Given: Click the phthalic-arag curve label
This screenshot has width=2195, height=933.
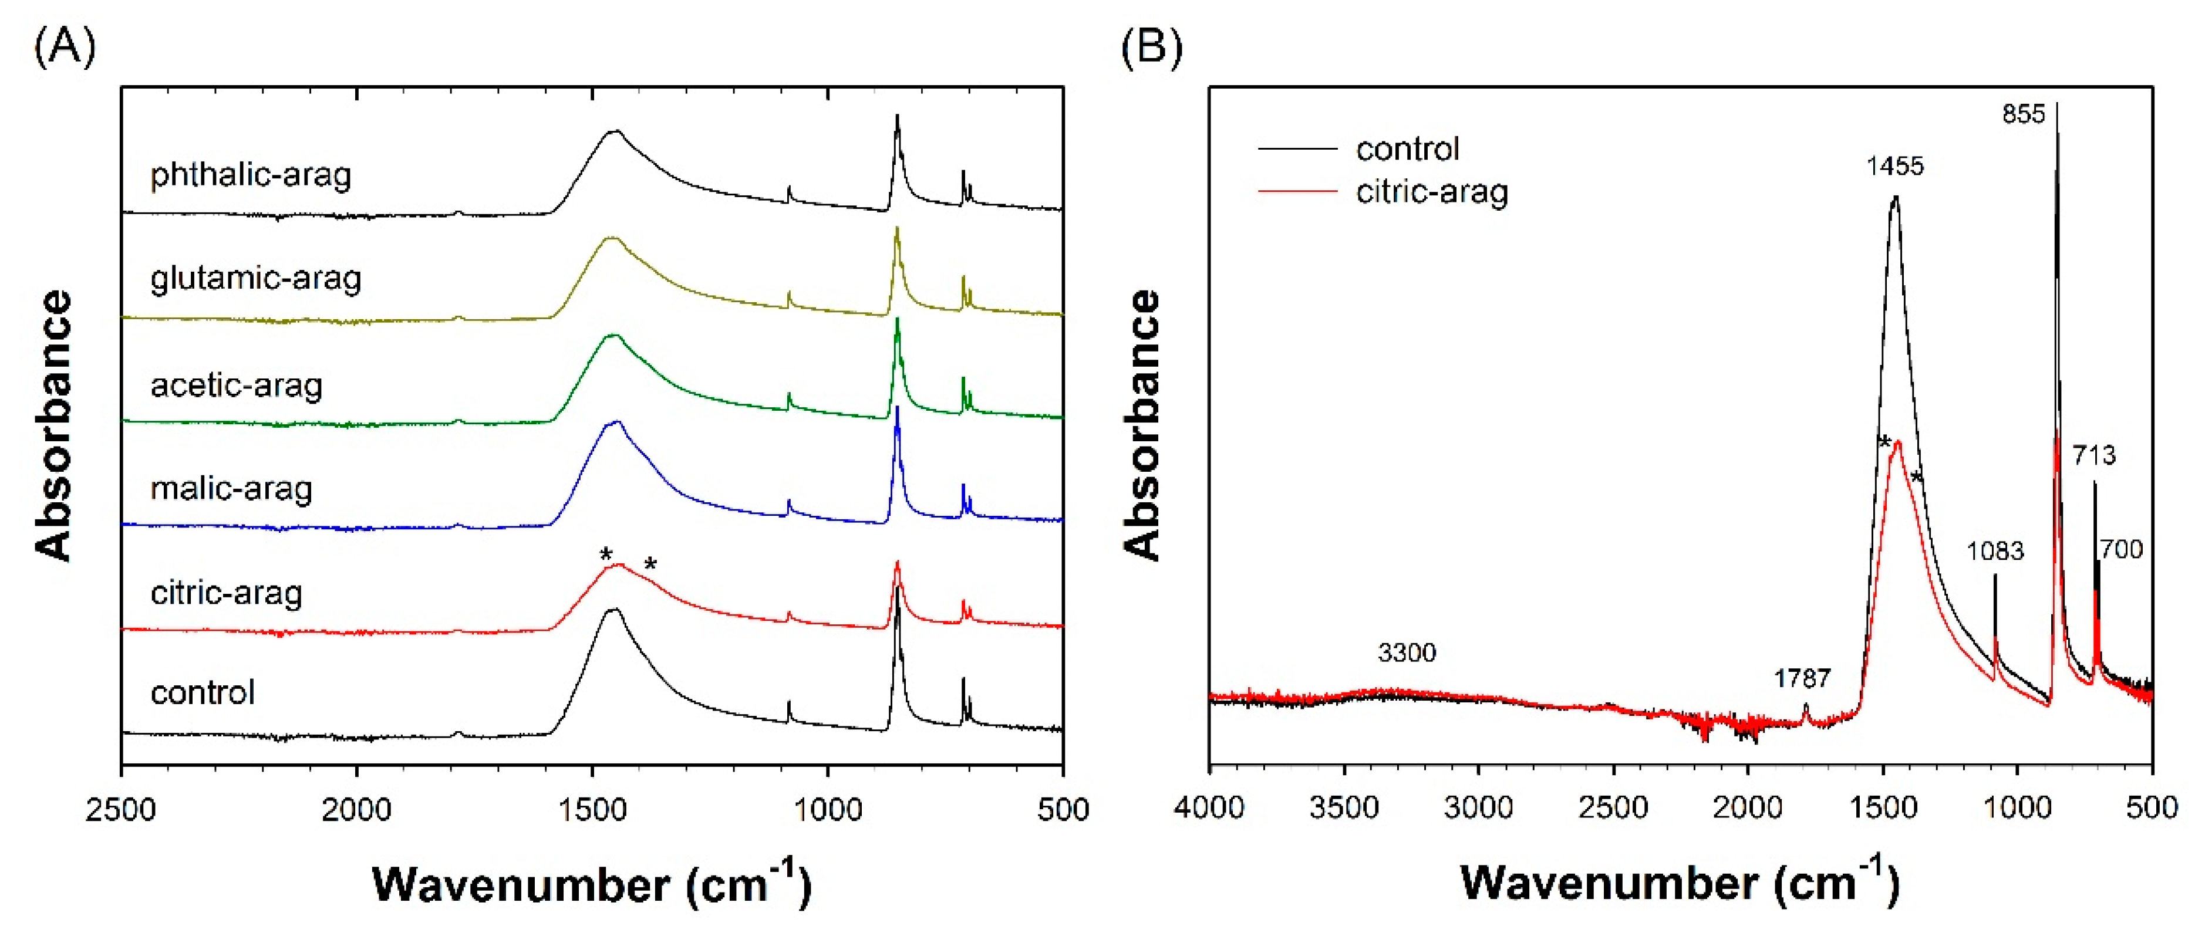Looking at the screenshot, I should pyautogui.click(x=251, y=175).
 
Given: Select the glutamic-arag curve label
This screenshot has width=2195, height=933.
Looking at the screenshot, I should pyautogui.click(x=255, y=279).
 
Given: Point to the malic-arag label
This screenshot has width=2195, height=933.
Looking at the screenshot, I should pyautogui.click(x=231, y=489).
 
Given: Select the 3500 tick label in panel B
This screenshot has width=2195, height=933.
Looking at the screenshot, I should pyautogui.click(x=1344, y=806).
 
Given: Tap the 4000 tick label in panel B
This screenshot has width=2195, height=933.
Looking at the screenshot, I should pyautogui.click(x=1209, y=806).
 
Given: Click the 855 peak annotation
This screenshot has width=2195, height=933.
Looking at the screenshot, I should pyautogui.click(x=2023, y=114).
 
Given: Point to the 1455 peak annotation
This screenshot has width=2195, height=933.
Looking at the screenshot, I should pyautogui.click(x=1895, y=165).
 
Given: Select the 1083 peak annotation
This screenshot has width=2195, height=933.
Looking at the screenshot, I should pyautogui.click(x=1995, y=551).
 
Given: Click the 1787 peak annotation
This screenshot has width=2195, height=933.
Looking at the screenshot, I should pyautogui.click(x=1802, y=678).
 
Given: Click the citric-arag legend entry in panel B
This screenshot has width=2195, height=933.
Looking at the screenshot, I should pyautogui.click(x=1431, y=192).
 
